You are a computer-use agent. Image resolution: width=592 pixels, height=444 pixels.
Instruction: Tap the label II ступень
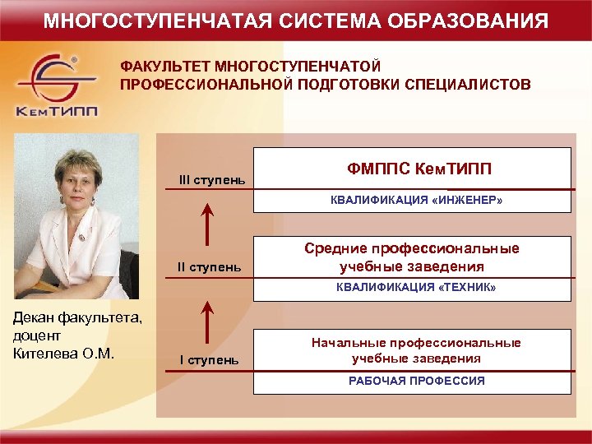tap(211, 266)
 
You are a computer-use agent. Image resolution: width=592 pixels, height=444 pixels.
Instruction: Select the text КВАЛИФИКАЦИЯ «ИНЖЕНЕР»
tap(417, 200)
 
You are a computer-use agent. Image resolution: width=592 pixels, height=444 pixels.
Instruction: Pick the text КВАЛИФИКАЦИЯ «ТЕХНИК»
tap(417, 288)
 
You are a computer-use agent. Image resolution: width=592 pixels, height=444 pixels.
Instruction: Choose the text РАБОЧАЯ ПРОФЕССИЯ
tap(417, 381)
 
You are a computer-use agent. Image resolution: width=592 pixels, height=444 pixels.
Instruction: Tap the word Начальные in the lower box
tap(346, 343)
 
